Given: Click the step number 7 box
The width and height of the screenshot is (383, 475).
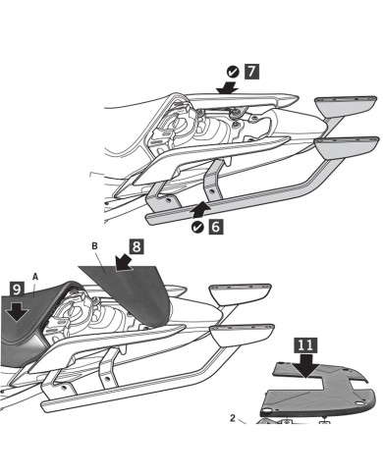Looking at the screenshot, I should coord(250,73).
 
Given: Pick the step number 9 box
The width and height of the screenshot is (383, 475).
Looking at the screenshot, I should coord(18,290).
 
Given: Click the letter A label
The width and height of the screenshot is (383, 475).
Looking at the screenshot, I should coord(36,278).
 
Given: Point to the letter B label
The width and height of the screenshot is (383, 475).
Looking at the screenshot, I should coord(95,245).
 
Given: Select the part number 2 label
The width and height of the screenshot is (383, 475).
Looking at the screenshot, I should coord(233,416).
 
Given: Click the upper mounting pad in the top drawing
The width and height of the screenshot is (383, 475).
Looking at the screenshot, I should coord(345,105).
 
